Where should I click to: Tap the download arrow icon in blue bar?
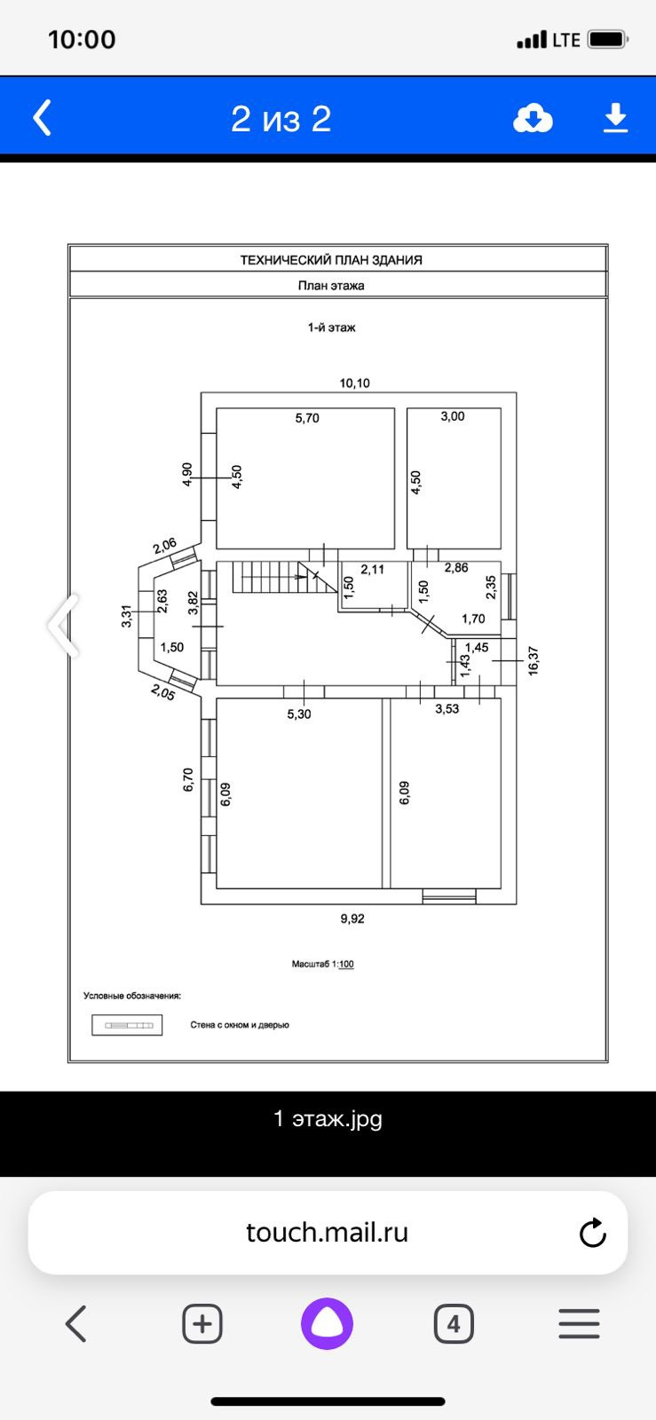coord(615,118)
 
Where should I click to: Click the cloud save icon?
coord(533,118)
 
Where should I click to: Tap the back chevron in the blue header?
coord(43,117)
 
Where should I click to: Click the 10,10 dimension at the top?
coord(354,383)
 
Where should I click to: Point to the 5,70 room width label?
coord(307,418)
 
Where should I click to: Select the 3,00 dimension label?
coord(453,416)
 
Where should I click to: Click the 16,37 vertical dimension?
coord(533,661)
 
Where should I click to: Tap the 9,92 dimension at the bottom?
coord(352,919)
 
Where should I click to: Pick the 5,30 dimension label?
coord(299,714)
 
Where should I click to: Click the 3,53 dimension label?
coord(447,709)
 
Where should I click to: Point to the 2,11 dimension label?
coord(372,569)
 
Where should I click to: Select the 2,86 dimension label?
coord(456,567)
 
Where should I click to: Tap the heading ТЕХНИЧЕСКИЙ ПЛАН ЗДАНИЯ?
coord(331,260)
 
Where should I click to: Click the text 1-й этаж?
coord(332,327)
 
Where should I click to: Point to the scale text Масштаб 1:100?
coord(323,964)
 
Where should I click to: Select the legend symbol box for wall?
coord(127,1025)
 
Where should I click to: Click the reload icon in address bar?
coord(592,1233)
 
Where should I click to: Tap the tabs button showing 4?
coord(454,1324)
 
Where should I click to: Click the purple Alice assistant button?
coord(327,1324)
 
